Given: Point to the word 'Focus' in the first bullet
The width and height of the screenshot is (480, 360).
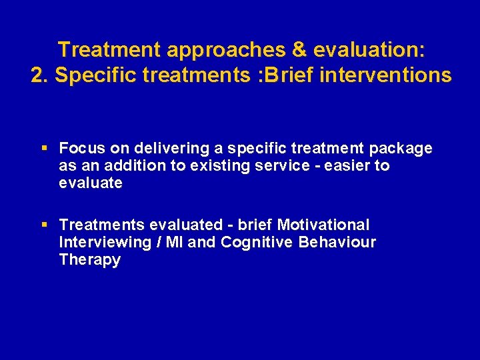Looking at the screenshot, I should (x=79, y=148).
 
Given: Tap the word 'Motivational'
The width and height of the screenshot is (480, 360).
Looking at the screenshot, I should (x=323, y=225).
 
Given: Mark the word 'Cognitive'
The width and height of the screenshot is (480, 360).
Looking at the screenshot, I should (x=257, y=243).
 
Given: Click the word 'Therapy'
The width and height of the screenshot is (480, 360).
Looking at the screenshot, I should (x=90, y=260).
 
